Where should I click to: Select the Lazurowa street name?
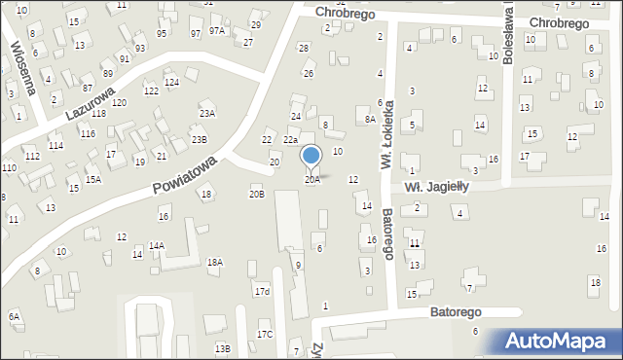click(85, 103)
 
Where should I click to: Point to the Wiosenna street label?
click(21, 66)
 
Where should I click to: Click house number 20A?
click(311, 179)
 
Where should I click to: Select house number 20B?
click(256, 195)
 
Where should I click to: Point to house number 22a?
click(290, 141)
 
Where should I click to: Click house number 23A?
click(206, 113)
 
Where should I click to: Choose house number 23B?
click(199, 139)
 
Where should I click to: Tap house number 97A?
click(216, 31)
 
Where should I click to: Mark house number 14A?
click(156, 246)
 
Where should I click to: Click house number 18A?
click(214, 262)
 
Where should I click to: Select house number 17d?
click(262, 291)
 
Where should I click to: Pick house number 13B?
click(222, 347)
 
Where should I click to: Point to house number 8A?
click(370, 119)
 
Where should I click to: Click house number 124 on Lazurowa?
click(171, 82)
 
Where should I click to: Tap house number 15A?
click(92, 179)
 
